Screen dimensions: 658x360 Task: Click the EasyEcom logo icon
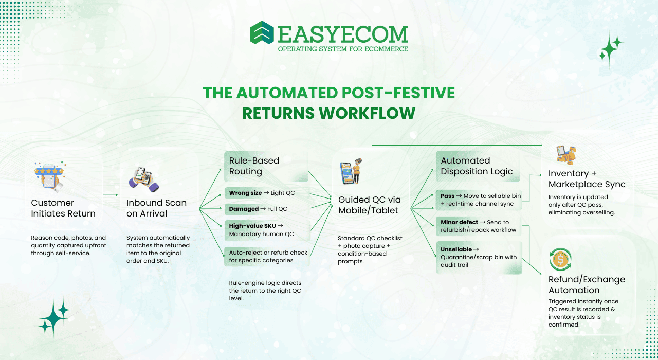click(262, 32)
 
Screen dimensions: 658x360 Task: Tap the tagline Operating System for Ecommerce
click(343, 49)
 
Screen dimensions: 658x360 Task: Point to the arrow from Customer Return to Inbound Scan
click(111, 195)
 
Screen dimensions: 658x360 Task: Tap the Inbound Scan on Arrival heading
click(156, 208)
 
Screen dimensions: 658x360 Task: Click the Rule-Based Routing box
click(266, 166)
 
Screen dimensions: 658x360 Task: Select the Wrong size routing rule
click(266, 193)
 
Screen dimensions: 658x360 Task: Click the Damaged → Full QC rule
click(266, 209)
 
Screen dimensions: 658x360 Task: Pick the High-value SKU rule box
click(266, 230)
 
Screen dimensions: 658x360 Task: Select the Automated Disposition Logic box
click(479, 166)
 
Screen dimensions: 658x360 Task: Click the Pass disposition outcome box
click(479, 200)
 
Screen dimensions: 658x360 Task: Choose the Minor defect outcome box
click(479, 226)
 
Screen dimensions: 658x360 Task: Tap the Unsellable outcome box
click(479, 257)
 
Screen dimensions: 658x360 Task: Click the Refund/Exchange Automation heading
click(587, 284)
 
